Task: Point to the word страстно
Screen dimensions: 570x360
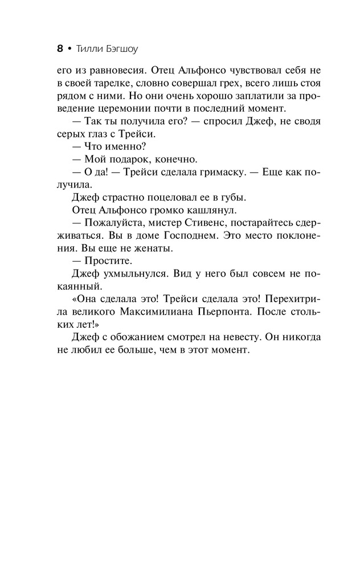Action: pyautogui.click(x=113, y=197)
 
